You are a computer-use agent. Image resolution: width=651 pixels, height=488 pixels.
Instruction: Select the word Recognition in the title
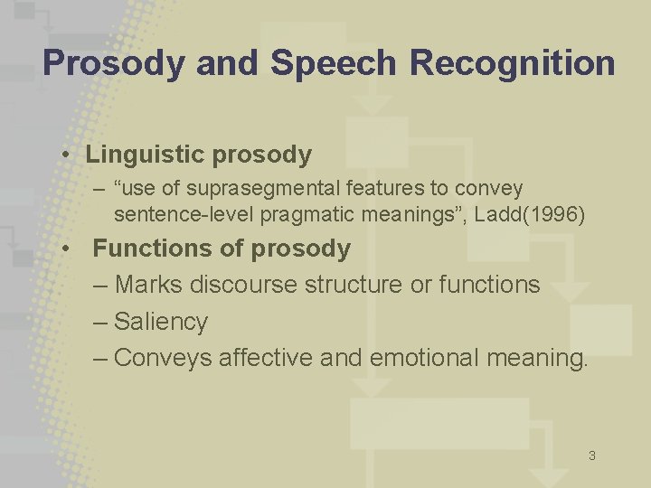[512, 63]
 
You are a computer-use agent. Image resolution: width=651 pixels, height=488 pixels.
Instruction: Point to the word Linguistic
[146, 155]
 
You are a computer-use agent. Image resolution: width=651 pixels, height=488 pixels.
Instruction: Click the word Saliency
[161, 322]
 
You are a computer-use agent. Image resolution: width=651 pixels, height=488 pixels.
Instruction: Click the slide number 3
[591, 455]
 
